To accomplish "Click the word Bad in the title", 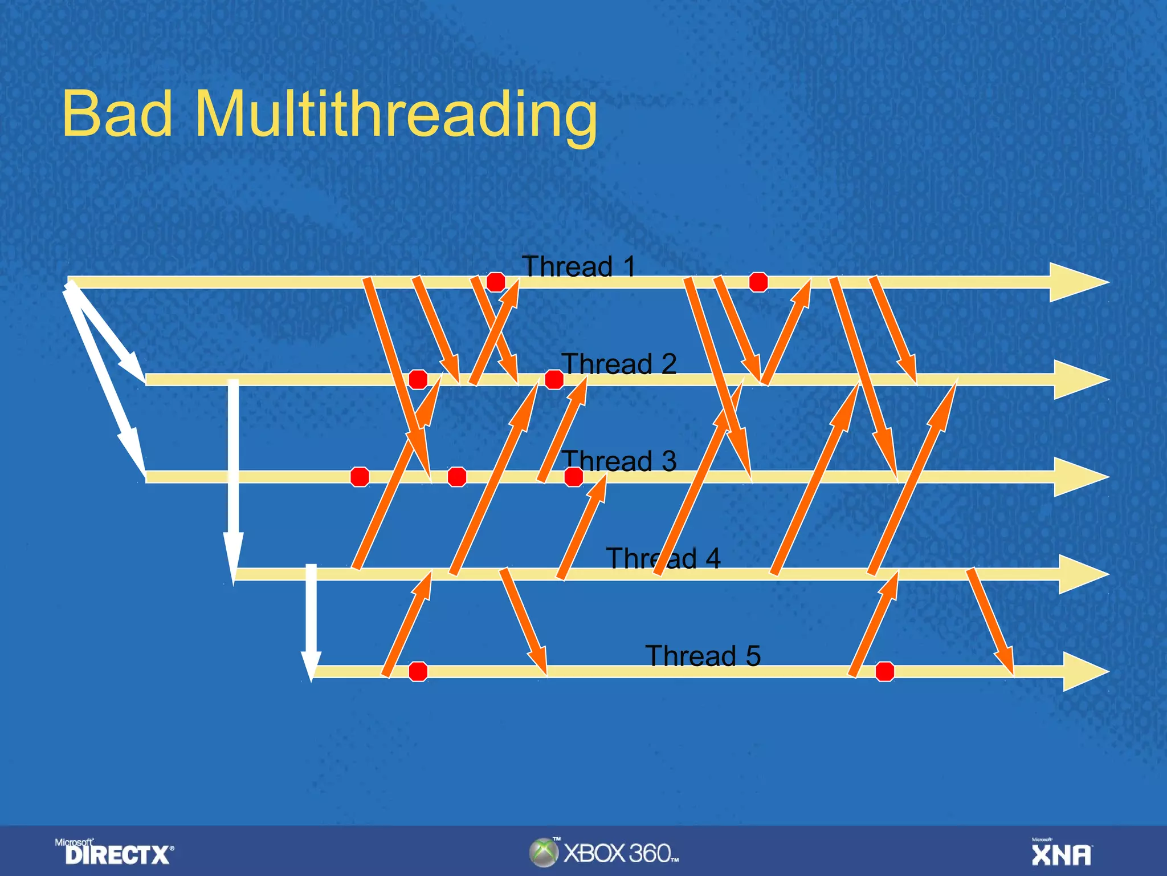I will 117,114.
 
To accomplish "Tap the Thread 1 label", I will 578,266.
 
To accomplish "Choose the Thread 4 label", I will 663,558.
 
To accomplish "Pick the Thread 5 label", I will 702,656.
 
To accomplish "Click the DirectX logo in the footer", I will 117,853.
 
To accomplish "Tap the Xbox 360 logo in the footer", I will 604,853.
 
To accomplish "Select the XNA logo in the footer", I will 1061,853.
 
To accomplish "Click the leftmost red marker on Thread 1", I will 496,282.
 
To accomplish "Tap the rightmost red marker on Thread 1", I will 758,282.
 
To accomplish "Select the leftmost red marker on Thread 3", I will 360,476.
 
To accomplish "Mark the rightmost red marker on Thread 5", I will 885,672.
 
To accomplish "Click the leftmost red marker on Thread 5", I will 418,672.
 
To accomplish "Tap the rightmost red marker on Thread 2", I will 554,379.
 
